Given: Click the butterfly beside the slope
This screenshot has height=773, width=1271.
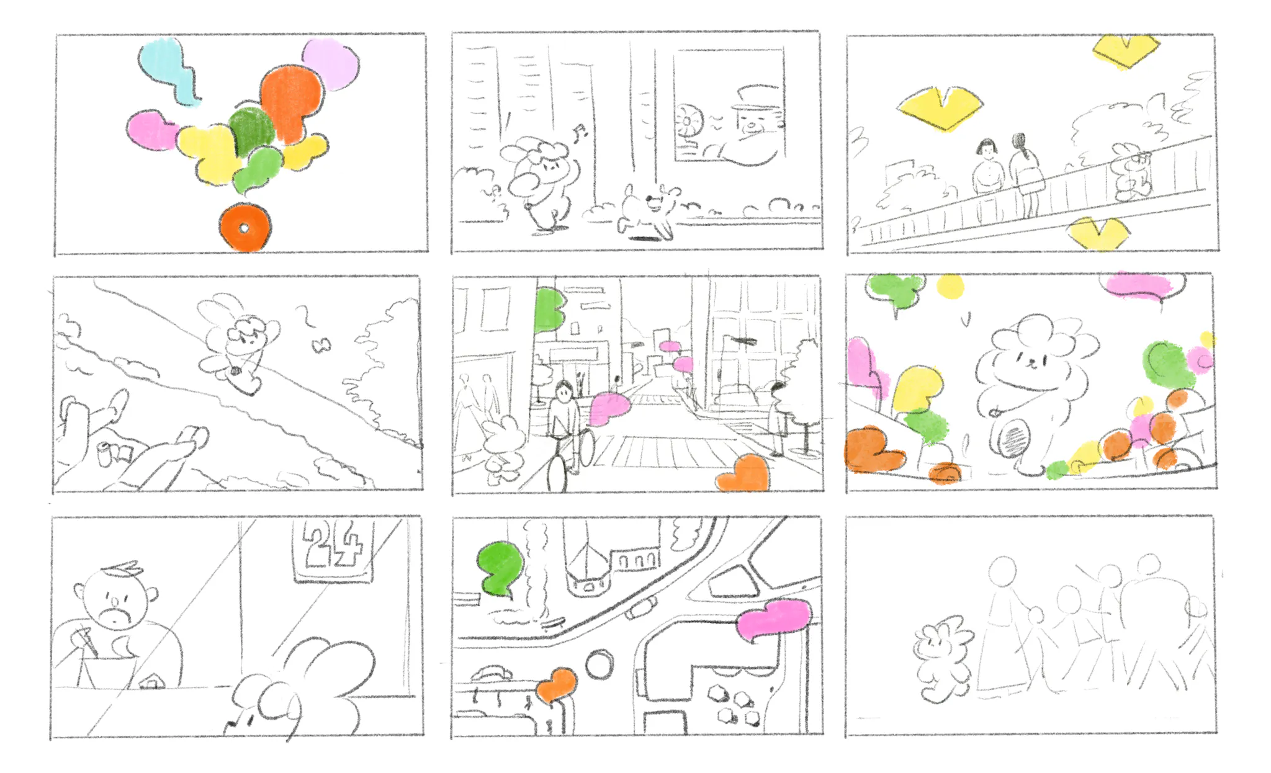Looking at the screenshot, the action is [321, 346].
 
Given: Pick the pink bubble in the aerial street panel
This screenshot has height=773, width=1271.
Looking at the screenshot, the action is [773, 619].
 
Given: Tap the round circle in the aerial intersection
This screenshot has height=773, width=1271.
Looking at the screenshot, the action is [599, 664].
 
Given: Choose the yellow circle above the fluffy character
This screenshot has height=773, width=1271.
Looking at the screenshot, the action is [950, 287].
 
